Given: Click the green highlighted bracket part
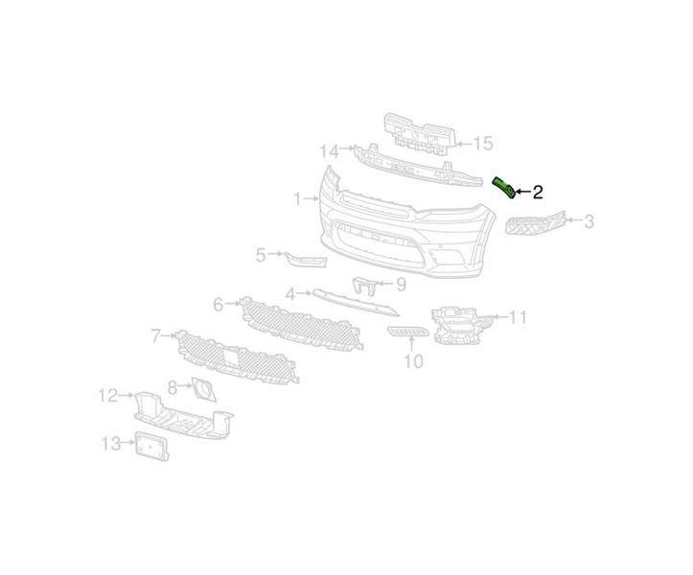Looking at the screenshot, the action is [x=504, y=188].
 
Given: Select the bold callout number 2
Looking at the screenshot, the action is [x=538, y=193].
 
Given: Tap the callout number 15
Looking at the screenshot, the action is [x=483, y=143].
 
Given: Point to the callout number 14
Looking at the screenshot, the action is [x=330, y=151].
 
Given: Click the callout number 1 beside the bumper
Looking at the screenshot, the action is [x=298, y=199].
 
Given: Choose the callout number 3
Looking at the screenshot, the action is [x=589, y=221].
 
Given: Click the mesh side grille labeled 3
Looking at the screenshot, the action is [x=535, y=223].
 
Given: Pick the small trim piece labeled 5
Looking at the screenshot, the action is [x=306, y=260].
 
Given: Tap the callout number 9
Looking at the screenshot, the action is [x=401, y=285].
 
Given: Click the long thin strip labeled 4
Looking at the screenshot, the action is [x=356, y=302].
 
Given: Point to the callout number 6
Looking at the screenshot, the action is [x=219, y=305].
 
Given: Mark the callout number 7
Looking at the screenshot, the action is [x=156, y=336].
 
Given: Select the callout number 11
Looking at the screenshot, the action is [x=518, y=317].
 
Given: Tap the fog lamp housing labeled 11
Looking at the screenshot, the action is [x=461, y=325].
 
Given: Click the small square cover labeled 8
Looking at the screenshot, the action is [x=204, y=389].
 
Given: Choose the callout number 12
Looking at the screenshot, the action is [x=108, y=395].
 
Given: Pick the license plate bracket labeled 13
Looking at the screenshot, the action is [x=151, y=446].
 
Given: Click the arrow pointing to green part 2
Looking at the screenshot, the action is [x=523, y=192].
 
